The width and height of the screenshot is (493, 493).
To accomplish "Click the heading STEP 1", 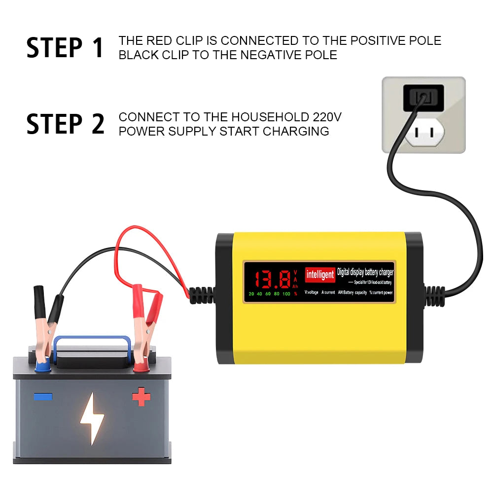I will click(65, 47).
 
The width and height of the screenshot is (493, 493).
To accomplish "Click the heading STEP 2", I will click(65, 124).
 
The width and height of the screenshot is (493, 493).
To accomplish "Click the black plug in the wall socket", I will click(423, 97).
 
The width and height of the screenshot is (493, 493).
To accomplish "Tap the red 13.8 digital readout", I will click(272, 280).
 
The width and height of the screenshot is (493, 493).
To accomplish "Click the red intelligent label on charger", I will click(320, 275).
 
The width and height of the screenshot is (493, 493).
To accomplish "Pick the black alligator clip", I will click(47, 316).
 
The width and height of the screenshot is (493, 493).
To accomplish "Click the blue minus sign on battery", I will click(42, 396).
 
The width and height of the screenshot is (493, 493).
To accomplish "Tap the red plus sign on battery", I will click(141, 396).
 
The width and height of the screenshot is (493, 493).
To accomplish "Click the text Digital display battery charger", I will click(365, 272).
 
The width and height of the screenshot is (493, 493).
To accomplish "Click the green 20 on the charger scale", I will click(251, 294).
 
